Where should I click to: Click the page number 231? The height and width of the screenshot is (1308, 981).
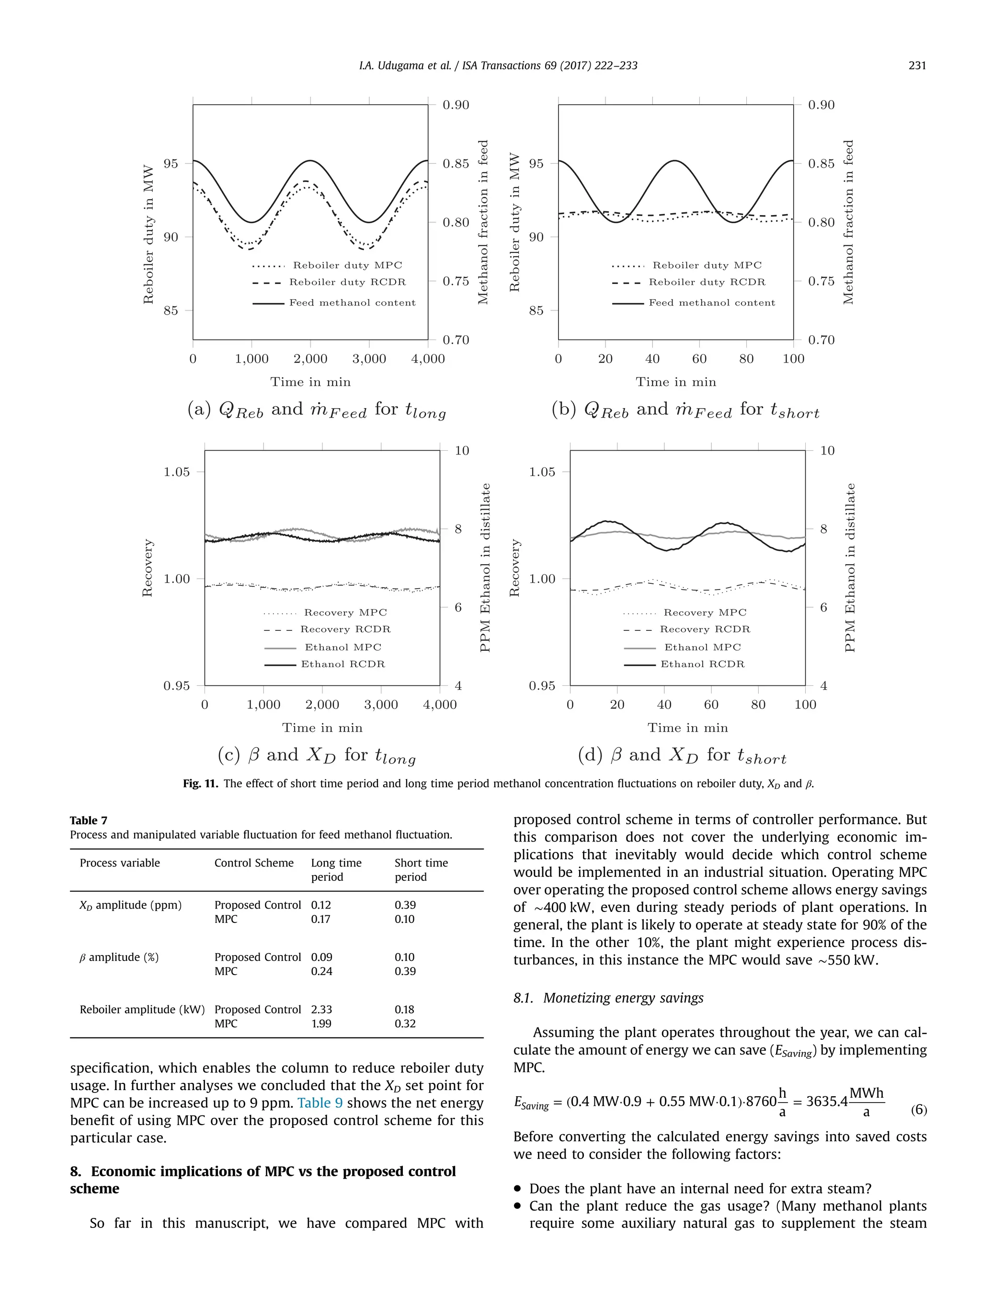coord(916,66)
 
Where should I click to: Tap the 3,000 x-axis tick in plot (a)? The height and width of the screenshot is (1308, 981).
coord(369,359)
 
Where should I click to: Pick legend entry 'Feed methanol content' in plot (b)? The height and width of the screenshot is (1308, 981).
coord(711,303)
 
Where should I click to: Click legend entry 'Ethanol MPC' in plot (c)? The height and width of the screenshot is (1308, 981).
coord(342,648)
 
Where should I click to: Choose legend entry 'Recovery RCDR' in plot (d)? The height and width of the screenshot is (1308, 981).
coord(704,629)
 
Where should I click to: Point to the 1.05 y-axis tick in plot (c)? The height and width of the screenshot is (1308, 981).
coord(177,472)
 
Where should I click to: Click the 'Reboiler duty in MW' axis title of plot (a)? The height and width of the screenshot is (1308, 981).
coord(148,235)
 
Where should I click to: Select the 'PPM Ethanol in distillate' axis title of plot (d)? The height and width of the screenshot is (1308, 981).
coord(850,568)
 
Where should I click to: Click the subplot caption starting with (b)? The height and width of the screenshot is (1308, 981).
coord(685,410)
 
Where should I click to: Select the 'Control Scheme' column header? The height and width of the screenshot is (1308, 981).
coord(254,863)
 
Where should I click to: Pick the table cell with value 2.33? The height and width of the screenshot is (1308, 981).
coord(321,1010)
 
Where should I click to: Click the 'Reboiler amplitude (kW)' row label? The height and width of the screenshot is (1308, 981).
coord(142,1010)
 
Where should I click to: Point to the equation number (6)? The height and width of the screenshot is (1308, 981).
coord(918,1109)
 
